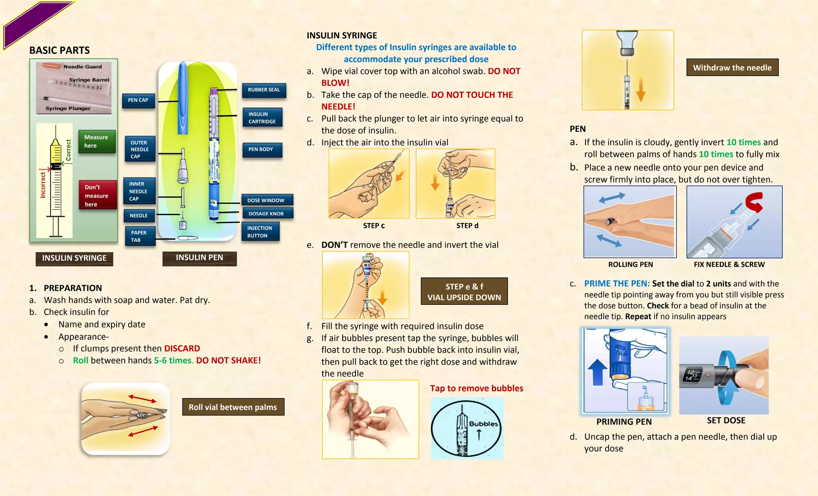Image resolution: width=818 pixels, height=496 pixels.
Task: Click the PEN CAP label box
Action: pyautogui.click(x=138, y=100)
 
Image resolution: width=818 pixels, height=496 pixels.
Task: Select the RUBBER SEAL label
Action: pyautogui.click(x=264, y=90)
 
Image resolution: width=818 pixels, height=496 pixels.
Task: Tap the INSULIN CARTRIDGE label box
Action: pyautogui.click(x=262, y=118)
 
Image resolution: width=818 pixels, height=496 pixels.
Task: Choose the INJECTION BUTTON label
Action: pyautogui.click(x=260, y=232)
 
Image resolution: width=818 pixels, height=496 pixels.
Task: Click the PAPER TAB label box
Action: pyautogui.click(x=139, y=236)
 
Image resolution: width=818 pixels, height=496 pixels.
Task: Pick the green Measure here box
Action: pyautogui.click(x=97, y=142)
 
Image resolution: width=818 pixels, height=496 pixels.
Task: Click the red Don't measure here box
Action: pyautogui.click(x=98, y=195)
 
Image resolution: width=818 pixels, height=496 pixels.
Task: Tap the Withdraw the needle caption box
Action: pyautogui.click(x=733, y=67)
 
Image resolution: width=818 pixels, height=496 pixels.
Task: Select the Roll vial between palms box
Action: pyautogui.click(x=233, y=407)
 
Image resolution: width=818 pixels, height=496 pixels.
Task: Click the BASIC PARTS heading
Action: pyautogui.click(x=60, y=50)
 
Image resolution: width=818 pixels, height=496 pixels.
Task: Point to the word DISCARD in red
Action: pyautogui.click(x=182, y=348)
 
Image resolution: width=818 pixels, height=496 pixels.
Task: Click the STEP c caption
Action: pyautogui.click(x=374, y=225)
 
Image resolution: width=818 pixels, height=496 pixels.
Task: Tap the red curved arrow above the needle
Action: pyautogui.click(x=754, y=202)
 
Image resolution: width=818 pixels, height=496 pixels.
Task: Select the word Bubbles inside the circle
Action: pyautogui.click(x=484, y=424)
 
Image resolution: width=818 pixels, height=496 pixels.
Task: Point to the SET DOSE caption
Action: pyautogui.click(x=726, y=420)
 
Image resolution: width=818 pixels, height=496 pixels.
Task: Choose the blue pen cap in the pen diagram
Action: pyautogui.click(x=183, y=98)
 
